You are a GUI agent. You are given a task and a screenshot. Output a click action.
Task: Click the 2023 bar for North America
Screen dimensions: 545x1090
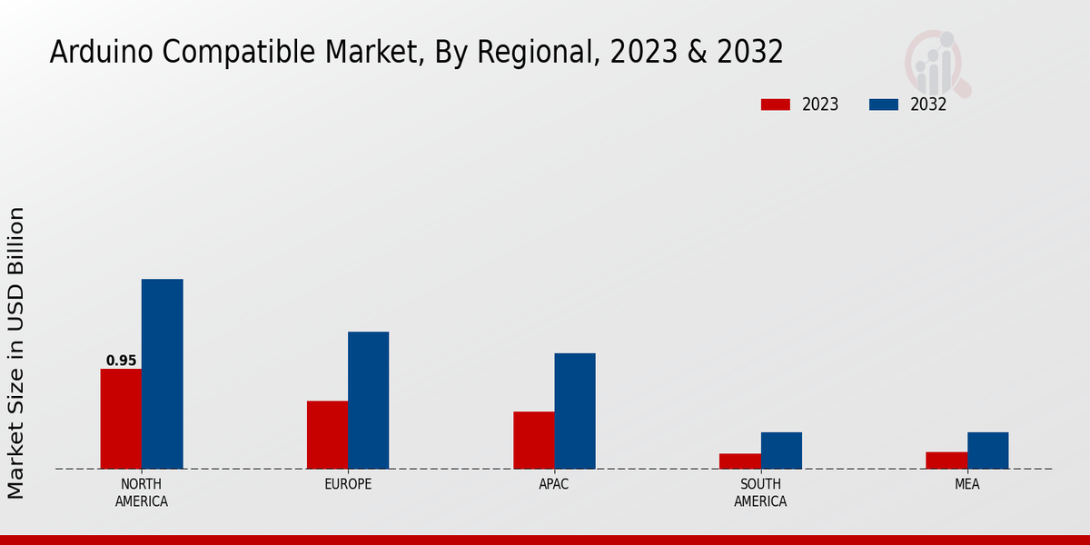121,419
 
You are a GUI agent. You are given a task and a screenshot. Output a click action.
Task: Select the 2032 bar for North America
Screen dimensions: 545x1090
162,373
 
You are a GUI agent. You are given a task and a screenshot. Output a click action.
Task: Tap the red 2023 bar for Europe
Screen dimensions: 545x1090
327,434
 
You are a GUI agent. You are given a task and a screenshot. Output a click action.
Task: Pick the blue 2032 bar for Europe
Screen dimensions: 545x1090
368,400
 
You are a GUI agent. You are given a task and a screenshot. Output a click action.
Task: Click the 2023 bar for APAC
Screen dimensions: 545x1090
533,440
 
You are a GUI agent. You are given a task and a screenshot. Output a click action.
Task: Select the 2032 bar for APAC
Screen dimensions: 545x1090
574,411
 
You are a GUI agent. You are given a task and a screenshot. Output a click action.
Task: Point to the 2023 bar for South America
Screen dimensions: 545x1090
739,461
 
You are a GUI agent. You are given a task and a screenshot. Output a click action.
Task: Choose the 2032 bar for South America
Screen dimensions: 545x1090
781,450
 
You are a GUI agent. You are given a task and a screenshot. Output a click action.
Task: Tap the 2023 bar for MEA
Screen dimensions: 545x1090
946,460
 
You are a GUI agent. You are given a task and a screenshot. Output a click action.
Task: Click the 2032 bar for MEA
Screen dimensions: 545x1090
987,450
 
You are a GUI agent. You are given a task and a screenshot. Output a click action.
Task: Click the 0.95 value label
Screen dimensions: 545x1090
121,361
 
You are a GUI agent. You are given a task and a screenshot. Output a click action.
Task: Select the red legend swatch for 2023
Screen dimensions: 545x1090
775,104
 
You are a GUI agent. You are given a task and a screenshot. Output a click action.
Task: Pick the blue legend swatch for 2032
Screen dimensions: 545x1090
883,104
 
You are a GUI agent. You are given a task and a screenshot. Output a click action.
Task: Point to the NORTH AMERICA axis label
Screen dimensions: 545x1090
142,492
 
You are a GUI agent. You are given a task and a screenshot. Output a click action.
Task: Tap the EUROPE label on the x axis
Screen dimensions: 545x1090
348,484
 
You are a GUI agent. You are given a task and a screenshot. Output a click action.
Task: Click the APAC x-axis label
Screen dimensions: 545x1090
553,484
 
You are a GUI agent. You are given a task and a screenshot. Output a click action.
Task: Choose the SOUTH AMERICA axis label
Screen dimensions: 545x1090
760,492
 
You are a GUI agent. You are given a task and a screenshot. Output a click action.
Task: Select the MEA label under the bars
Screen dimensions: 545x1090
966,484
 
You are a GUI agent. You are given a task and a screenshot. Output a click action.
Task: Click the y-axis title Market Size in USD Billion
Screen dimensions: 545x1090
16,352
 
